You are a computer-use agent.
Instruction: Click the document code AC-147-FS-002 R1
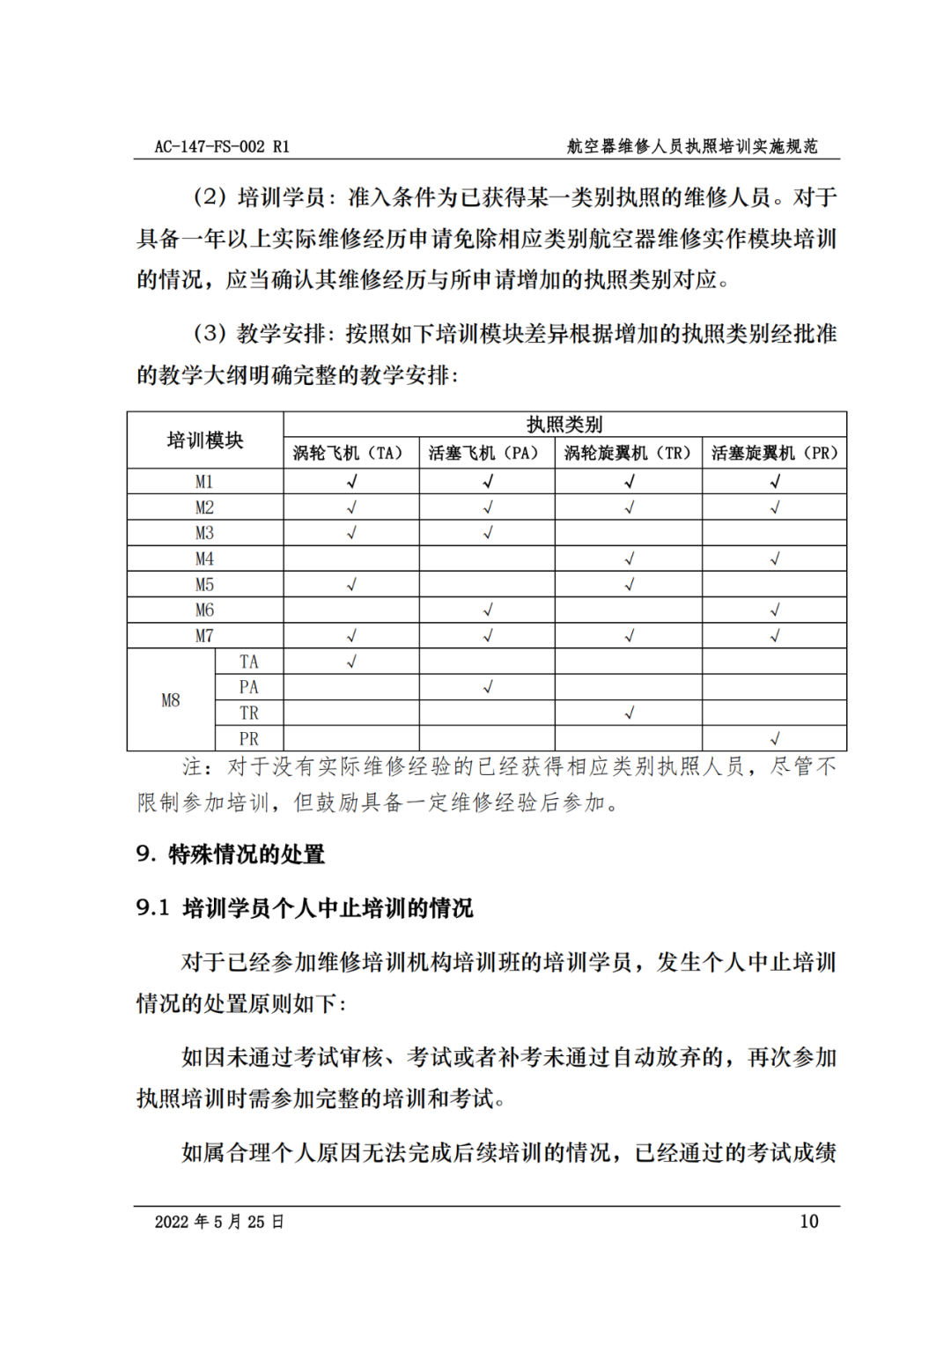point(221,146)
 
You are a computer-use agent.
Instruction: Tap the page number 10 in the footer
point(808,1221)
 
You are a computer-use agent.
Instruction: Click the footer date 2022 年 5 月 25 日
point(218,1221)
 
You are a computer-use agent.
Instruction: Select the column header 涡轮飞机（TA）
point(350,453)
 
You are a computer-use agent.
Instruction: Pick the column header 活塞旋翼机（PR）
point(774,453)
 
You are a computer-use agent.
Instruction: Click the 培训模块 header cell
point(205,440)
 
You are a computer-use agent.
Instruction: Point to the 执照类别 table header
point(564,425)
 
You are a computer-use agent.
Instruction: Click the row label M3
point(204,533)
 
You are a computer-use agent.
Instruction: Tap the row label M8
point(171,700)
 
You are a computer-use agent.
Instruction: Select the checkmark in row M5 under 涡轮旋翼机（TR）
point(629,584)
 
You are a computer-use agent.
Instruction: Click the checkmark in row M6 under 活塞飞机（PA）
point(488,610)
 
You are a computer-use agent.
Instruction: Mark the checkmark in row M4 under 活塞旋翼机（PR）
point(775,558)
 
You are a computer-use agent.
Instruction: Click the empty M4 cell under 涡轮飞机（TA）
point(350,558)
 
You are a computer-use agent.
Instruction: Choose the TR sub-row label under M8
point(249,713)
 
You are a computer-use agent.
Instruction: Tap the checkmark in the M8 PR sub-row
point(775,738)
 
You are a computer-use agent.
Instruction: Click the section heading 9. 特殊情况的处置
point(231,854)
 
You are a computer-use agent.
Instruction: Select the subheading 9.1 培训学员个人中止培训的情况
point(305,907)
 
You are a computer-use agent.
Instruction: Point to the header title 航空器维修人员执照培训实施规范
point(692,146)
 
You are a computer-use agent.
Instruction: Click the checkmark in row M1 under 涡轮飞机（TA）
point(351,481)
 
